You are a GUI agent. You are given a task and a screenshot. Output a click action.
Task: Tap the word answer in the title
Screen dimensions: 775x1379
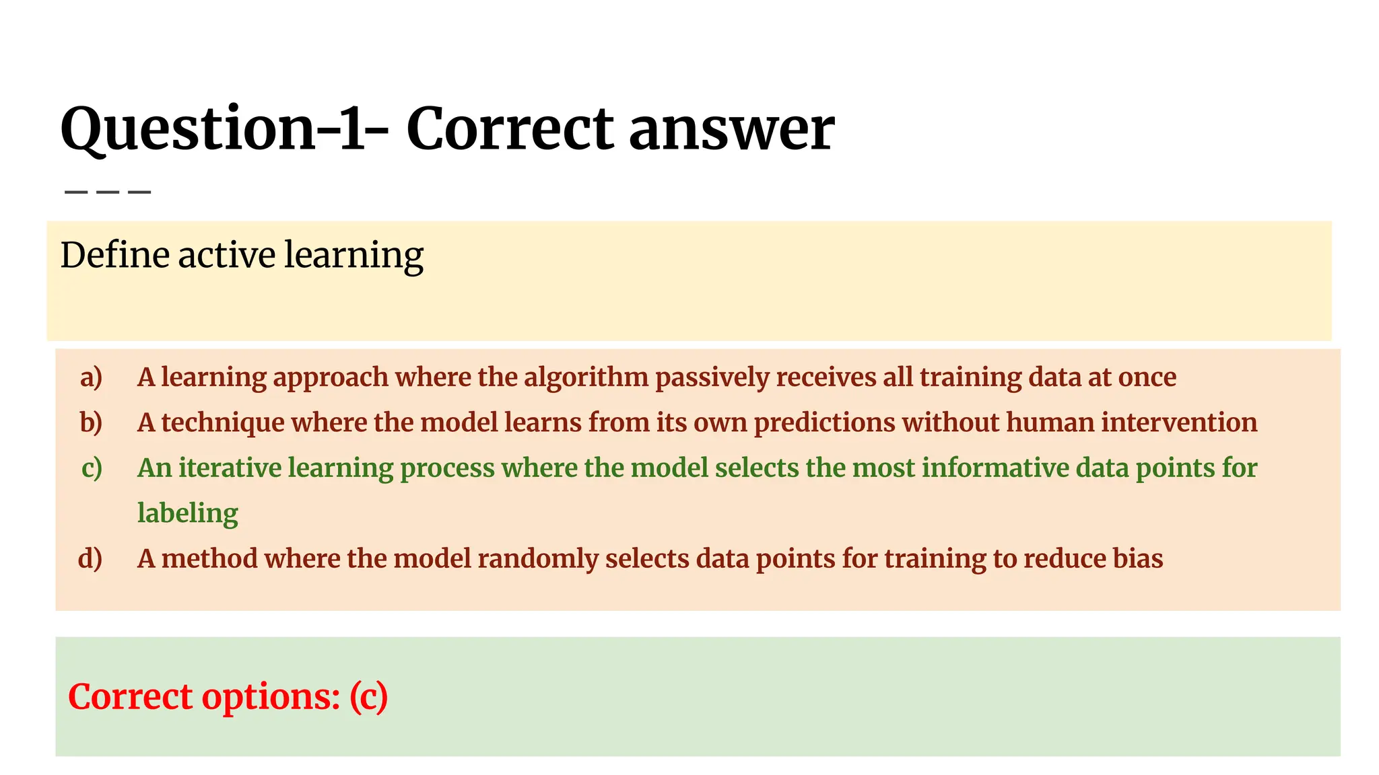point(732,129)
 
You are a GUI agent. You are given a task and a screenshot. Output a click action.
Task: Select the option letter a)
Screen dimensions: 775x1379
point(91,377)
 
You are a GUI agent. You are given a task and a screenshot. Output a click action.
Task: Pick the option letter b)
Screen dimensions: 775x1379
point(91,422)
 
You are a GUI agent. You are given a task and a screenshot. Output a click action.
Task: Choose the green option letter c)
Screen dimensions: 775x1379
point(92,468)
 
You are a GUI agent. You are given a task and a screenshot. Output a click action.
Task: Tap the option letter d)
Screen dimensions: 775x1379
point(90,559)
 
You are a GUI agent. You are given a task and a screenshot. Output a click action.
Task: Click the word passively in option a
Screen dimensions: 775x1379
point(712,377)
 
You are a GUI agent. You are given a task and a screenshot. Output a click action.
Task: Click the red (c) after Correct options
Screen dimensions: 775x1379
point(369,697)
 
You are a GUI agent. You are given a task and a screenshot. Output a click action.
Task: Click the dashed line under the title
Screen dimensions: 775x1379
point(108,192)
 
